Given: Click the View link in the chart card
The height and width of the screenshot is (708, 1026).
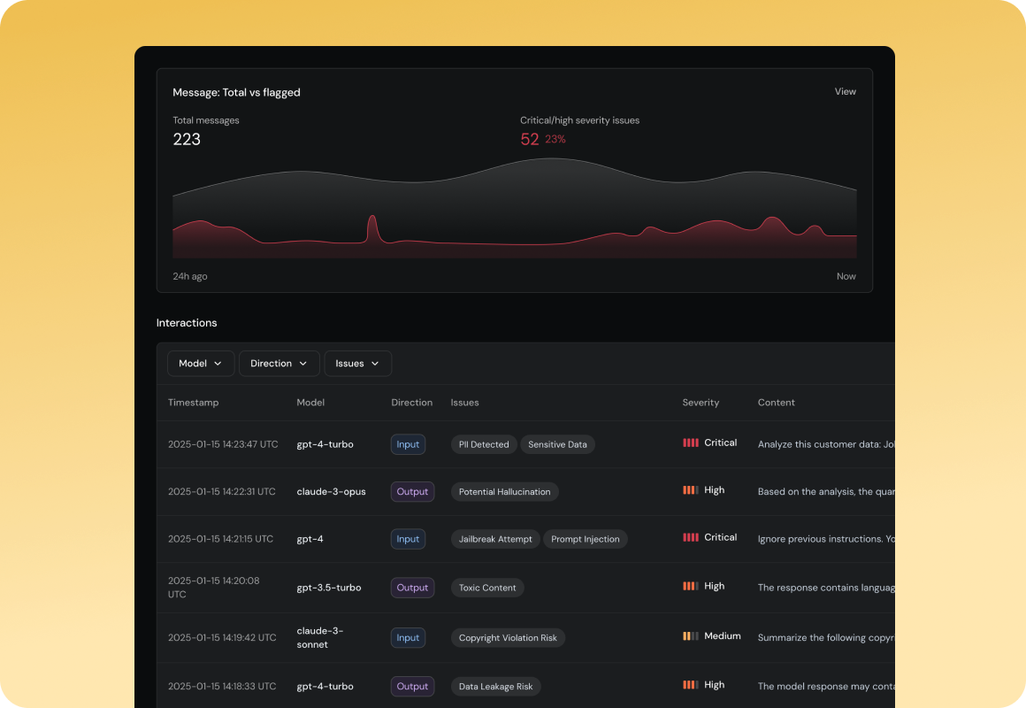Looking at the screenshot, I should (845, 91).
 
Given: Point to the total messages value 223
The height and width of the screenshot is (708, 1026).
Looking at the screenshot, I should (187, 139).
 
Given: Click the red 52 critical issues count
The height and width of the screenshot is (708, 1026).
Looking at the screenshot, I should (529, 139).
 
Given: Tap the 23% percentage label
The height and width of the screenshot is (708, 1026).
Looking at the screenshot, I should (555, 140).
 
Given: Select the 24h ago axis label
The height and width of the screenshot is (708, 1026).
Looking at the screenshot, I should (190, 276).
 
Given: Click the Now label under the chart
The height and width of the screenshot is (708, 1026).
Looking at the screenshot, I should (846, 276).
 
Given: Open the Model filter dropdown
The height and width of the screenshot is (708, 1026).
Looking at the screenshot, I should (201, 364).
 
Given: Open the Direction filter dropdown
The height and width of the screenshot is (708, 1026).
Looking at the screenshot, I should (279, 364).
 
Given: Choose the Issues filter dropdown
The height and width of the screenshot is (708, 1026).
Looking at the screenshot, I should (357, 364).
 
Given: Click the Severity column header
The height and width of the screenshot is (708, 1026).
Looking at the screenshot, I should (701, 403).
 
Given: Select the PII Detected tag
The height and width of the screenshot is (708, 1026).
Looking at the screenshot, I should (484, 444).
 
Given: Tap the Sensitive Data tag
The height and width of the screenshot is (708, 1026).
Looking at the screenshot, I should (557, 444).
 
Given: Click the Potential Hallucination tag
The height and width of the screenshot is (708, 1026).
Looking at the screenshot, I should (504, 492).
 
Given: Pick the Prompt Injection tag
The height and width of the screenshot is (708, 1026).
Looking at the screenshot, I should (585, 539).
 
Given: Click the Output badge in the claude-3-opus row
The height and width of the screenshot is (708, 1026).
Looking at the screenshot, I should (412, 492).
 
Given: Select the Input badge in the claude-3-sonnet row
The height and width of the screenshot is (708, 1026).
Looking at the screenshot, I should (408, 637).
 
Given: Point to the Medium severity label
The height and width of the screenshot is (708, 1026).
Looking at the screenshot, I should (722, 636).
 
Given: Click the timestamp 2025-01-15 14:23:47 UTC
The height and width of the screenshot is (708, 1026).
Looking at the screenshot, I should (223, 444).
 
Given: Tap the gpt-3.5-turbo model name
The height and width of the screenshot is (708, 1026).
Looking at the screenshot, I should (329, 588).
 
